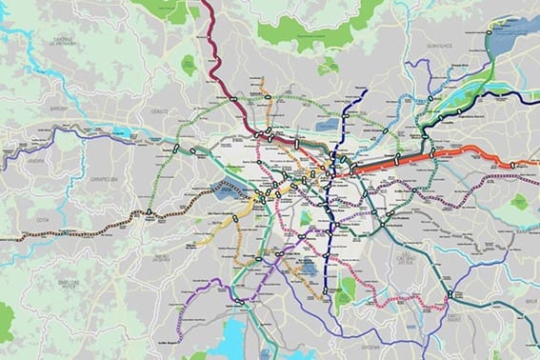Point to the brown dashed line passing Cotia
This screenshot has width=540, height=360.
point(76,229)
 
